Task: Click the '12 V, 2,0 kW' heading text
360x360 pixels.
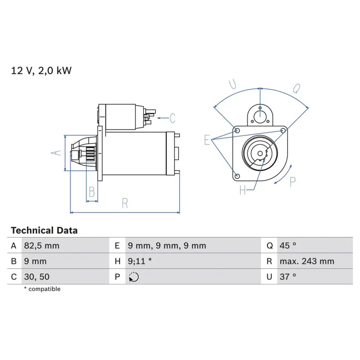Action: click(x=41, y=71)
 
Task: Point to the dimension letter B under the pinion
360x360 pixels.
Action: click(x=92, y=192)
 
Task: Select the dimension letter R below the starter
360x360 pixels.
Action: click(x=125, y=203)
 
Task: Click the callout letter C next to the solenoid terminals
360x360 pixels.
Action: click(x=172, y=118)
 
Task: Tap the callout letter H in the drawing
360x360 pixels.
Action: click(x=243, y=191)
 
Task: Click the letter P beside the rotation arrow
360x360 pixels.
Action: click(x=292, y=181)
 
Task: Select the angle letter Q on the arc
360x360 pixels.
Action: click(x=297, y=88)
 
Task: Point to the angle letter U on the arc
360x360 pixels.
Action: click(x=233, y=84)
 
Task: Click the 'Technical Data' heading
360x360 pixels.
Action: click(x=44, y=230)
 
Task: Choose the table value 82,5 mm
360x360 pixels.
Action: click(x=41, y=246)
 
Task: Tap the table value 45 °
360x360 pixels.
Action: click(x=288, y=246)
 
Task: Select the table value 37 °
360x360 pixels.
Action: click(x=288, y=277)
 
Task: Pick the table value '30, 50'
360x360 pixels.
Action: click(x=35, y=277)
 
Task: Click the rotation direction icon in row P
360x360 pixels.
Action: click(x=134, y=277)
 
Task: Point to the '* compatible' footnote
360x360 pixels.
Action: click(x=42, y=289)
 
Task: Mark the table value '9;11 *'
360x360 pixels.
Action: click(x=139, y=261)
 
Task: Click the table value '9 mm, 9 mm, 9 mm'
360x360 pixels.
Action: click(x=167, y=246)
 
